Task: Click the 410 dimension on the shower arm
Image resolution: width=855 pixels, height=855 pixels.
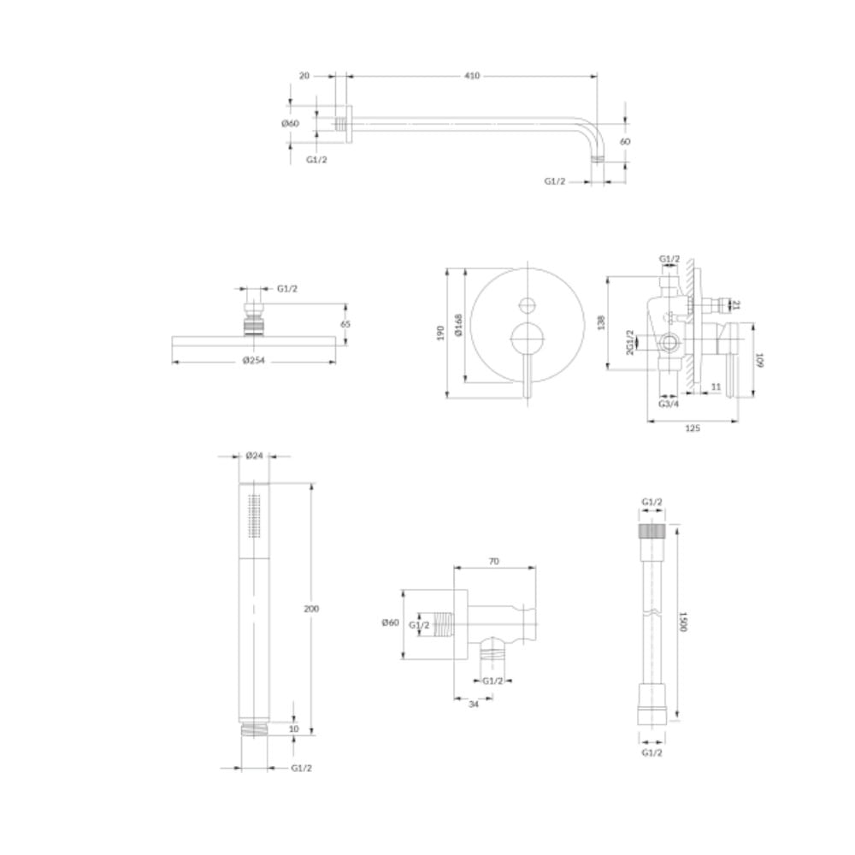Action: tap(472, 76)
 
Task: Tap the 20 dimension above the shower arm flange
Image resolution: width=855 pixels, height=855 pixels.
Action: tap(304, 76)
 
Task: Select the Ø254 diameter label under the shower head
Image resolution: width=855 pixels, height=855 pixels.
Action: tap(254, 360)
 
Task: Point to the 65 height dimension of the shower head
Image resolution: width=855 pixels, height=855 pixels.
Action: tap(345, 324)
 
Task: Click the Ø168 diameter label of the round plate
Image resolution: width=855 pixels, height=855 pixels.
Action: tap(458, 325)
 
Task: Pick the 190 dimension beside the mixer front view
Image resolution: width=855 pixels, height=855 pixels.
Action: tap(440, 333)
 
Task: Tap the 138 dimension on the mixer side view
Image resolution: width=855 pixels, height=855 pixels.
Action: tap(601, 321)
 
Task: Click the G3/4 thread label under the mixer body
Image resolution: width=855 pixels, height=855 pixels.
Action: tap(669, 404)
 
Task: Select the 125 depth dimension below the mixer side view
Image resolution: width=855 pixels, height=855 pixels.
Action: tap(692, 428)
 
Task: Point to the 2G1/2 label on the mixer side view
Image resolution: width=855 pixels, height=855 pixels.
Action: tap(630, 343)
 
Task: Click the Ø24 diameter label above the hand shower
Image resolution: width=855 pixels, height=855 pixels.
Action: tap(255, 456)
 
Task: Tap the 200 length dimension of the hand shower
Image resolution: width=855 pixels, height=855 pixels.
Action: tap(311, 609)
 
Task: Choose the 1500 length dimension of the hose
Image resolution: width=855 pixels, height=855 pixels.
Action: tap(682, 621)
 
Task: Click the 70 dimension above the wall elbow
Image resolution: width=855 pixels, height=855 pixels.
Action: tap(494, 561)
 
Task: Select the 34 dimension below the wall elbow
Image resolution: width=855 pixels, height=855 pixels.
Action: tap(474, 704)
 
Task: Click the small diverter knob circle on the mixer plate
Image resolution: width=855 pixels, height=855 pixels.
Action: tap(528, 305)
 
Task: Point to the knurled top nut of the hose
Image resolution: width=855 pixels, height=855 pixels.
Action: tap(652, 532)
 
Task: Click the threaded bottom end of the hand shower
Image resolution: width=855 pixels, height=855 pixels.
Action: tap(254, 728)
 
